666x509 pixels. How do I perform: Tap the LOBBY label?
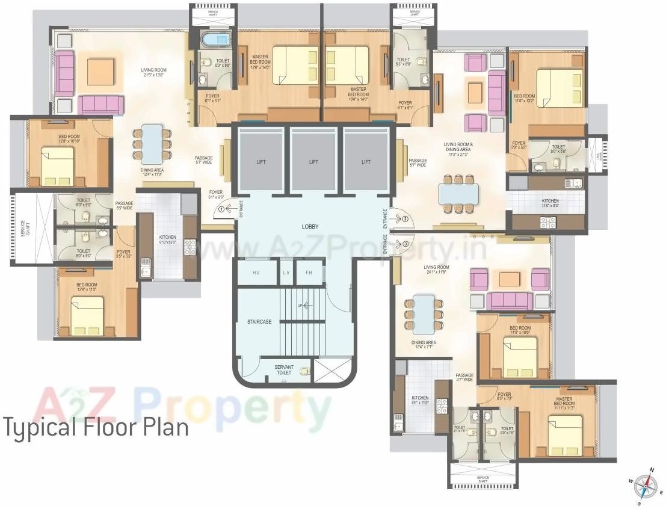click(x=310, y=227)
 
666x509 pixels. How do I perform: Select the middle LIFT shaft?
click(x=313, y=162)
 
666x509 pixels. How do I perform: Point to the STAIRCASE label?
click(x=259, y=322)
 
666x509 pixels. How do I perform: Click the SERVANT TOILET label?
click(x=283, y=369)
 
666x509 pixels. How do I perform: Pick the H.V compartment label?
click(x=256, y=273)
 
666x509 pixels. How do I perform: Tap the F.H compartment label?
click(x=309, y=273)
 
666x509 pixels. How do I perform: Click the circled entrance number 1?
click(x=221, y=209)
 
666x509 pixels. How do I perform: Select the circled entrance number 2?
click(x=405, y=218)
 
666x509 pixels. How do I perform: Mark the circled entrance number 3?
click(x=405, y=244)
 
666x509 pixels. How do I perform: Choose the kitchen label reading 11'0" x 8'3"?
click(x=550, y=203)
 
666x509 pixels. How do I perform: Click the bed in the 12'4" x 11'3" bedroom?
click(x=87, y=315)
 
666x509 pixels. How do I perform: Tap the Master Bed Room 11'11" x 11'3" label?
click(x=563, y=402)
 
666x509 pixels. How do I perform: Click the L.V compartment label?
click(x=286, y=273)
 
